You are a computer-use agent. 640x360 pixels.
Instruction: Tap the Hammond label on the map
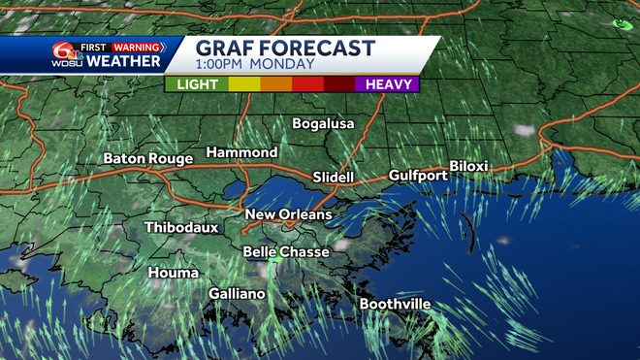point(241,153)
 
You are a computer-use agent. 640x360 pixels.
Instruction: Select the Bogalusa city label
point(324,124)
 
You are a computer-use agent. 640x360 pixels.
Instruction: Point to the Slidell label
point(334,178)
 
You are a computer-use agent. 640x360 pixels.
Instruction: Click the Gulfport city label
point(418,176)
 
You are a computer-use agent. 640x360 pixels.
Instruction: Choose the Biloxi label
point(468,167)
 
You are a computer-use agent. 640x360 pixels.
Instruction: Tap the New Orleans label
point(288,214)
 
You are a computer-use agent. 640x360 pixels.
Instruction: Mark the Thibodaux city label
point(181,228)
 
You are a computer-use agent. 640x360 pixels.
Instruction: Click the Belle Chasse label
point(285,251)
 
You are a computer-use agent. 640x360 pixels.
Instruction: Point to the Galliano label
point(237,294)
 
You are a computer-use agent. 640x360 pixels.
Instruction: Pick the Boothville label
point(395,305)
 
